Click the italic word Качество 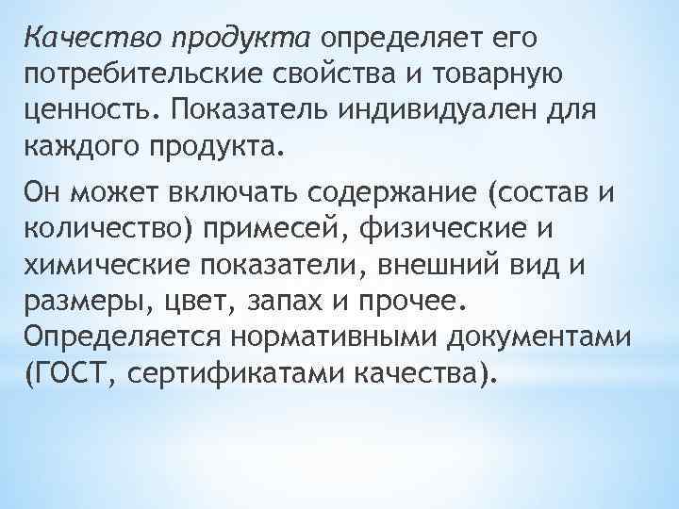point(87,38)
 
